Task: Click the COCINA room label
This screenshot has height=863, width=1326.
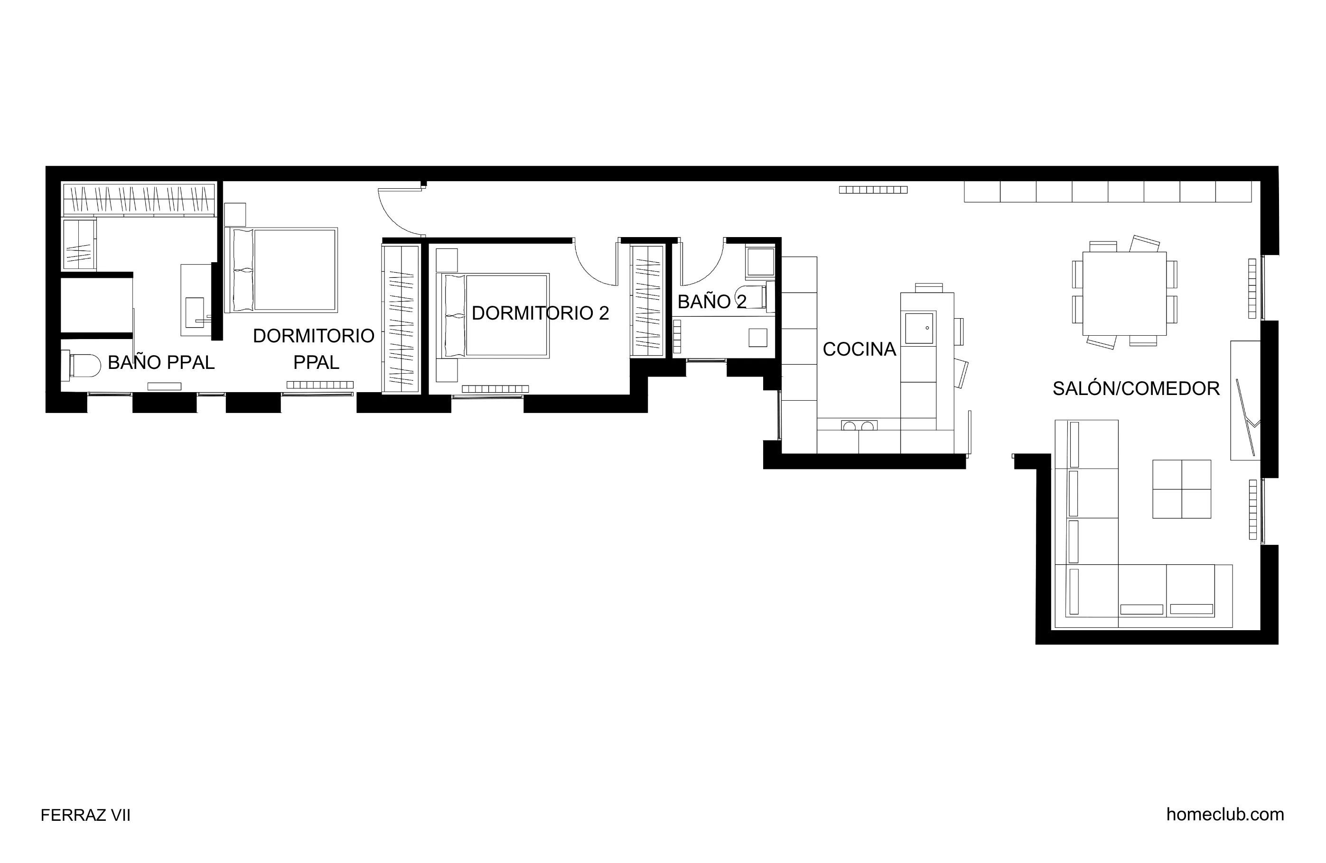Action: click(859, 349)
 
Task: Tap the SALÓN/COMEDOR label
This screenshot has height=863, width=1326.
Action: click(1136, 388)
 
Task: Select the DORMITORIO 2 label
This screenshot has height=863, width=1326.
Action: click(540, 313)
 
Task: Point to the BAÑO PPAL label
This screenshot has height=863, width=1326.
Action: click(161, 362)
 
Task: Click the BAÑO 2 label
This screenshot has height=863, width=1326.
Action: click(711, 301)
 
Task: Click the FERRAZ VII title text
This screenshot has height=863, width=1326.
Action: click(85, 815)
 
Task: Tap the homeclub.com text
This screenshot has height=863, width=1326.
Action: click(1224, 814)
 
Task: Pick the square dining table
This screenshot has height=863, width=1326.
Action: click(1124, 294)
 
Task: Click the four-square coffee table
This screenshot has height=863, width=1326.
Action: click(1181, 489)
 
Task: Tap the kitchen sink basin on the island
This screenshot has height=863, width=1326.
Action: click(919, 328)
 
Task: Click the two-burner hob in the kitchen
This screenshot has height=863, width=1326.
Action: click(858, 426)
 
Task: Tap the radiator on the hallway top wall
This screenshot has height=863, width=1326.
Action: click(873, 190)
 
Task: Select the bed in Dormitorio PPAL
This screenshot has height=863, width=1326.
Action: click(281, 269)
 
